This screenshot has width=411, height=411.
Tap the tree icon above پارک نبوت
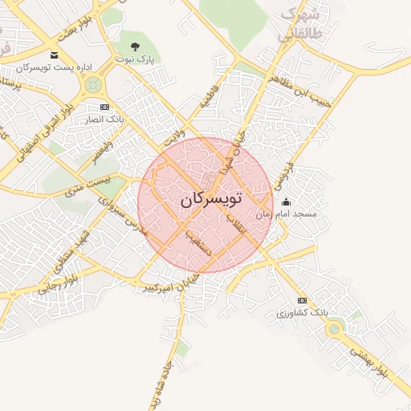pyautogui.click(x=135, y=47)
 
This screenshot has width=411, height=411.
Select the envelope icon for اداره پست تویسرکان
pyautogui.click(x=54, y=55)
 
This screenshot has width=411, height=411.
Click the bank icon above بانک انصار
pyautogui.click(x=104, y=107)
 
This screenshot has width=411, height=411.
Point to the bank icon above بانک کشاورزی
pyautogui.click(x=302, y=300)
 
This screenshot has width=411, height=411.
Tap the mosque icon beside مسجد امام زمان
pyautogui.click(x=287, y=202)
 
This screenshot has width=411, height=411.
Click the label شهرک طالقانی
pyautogui.click(x=299, y=25)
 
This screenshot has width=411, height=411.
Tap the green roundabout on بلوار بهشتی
pyautogui.click(x=334, y=327)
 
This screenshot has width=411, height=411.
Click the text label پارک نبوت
pyautogui.click(x=134, y=59)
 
